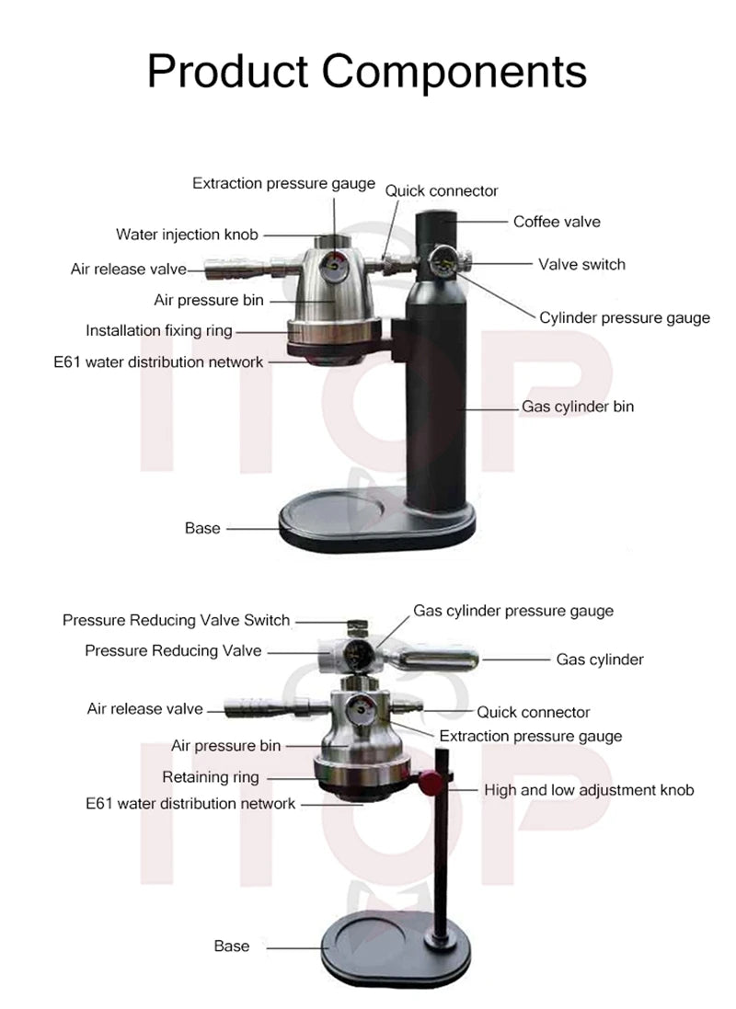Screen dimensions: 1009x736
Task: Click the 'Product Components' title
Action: click(x=367, y=70)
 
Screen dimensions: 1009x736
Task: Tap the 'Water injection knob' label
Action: click(x=187, y=234)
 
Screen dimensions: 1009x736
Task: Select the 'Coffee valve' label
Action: click(x=557, y=222)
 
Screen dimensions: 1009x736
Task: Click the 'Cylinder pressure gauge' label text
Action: click(x=625, y=318)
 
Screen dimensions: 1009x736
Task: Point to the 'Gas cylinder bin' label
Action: click(x=578, y=406)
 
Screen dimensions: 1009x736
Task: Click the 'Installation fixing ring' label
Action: click(x=159, y=330)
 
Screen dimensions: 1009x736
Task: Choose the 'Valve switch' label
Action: click(x=581, y=264)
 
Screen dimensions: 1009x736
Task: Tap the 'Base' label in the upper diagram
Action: click(x=202, y=528)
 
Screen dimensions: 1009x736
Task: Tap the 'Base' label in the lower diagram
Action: click(x=232, y=946)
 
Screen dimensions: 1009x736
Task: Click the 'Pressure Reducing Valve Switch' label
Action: click(x=176, y=620)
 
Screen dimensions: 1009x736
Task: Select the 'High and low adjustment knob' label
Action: click(x=589, y=790)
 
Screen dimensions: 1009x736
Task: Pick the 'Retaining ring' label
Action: click(x=211, y=777)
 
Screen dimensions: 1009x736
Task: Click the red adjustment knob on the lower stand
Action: click(x=430, y=783)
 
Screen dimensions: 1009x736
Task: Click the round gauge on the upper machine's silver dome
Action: click(x=332, y=274)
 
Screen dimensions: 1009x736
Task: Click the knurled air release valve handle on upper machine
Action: click(x=228, y=269)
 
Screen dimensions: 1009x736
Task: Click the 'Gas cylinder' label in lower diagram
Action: click(x=600, y=659)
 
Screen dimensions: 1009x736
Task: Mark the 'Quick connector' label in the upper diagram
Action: click(x=442, y=191)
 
